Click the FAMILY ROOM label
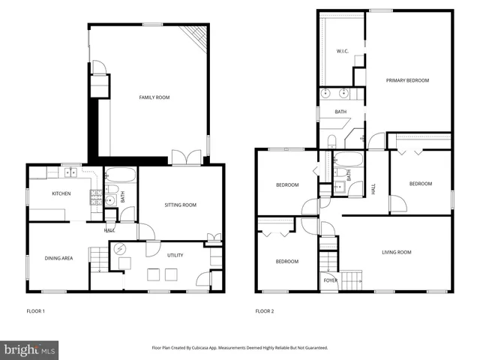(154, 97)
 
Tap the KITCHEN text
(61, 194)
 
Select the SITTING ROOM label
(180, 205)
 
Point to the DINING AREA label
(58, 258)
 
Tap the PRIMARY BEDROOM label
(407, 80)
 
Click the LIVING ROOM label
(396, 253)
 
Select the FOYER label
(331, 280)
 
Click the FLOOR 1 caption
(36, 310)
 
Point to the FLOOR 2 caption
(265, 310)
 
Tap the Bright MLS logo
(30, 349)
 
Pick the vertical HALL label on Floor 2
(373, 189)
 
